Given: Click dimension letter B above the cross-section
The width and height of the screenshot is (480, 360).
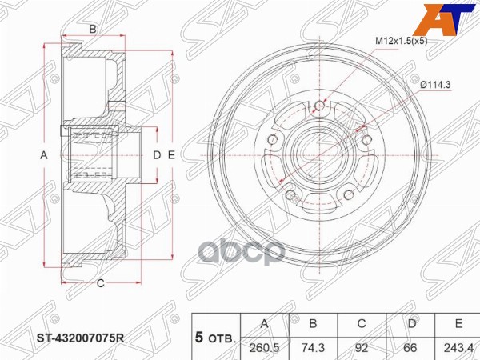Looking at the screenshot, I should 93,30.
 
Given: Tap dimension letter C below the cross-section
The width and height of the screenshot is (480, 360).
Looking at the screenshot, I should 101,282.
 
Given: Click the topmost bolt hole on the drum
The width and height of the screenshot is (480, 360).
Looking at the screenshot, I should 321,105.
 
